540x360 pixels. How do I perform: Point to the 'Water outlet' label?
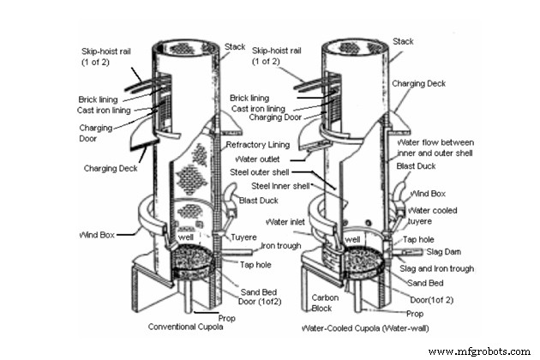[262, 159]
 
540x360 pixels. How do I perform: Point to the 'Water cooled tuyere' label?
[434, 216]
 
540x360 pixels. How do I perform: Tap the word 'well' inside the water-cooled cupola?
[352, 239]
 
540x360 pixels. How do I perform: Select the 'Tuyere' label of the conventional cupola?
[245, 237]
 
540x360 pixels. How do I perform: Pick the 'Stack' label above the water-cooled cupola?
[402, 41]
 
